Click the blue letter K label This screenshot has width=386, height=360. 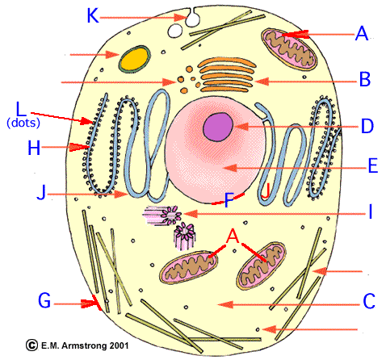tap(93, 15)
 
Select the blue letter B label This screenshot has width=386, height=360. tap(365, 79)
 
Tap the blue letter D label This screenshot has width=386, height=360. tap(367, 126)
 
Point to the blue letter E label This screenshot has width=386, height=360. tap(373, 165)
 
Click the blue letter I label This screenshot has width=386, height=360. tap(371, 211)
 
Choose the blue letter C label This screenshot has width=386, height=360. tap(369, 301)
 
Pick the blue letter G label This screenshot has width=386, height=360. tap(44, 300)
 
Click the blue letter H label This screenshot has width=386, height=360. tap(34, 149)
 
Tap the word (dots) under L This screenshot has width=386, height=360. tap(23, 123)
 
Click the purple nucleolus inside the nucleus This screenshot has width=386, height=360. tap(218, 127)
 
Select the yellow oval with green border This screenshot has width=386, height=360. tap(134, 59)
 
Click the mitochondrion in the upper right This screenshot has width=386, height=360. tap(288, 49)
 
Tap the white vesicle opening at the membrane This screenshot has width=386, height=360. tap(192, 19)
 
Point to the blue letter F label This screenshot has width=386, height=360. tap(229, 200)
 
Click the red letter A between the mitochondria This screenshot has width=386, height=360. tap(233, 237)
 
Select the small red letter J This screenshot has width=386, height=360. tap(266, 191)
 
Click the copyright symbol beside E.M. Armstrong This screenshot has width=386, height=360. tap(31, 345)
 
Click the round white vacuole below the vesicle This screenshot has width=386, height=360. tap(175, 31)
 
